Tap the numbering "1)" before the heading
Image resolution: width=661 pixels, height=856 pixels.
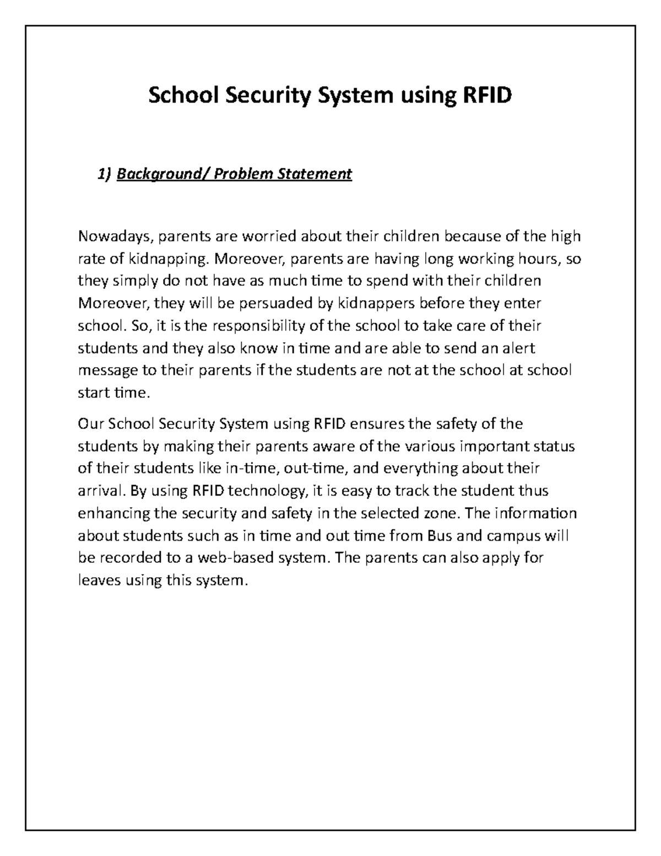coord(104,175)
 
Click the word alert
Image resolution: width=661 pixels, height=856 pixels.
coord(517,348)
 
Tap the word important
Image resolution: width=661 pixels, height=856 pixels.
coord(497,446)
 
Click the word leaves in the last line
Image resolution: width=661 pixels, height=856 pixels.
coord(98,580)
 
